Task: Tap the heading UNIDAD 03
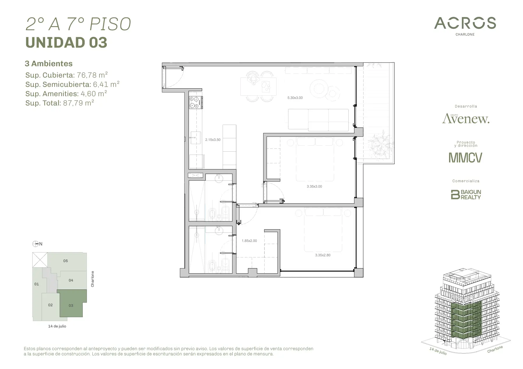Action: click(x=66, y=43)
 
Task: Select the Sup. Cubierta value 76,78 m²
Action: click(x=92, y=75)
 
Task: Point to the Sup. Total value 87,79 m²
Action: click(x=78, y=103)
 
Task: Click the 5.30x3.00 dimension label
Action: click(x=295, y=98)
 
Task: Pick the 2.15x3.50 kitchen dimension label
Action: click(x=213, y=140)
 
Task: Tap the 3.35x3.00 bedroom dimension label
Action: click(x=314, y=187)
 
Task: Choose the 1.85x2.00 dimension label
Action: click(x=249, y=241)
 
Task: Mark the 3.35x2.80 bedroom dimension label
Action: click(x=322, y=255)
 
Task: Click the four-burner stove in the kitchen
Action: click(x=195, y=103)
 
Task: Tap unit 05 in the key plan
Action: click(x=67, y=261)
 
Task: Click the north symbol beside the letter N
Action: click(x=35, y=244)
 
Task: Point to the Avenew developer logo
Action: click(x=466, y=119)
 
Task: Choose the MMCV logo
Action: click(x=465, y=157)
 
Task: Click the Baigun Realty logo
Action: click(x=466, y=194)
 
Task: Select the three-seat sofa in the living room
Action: click(x=318, y=120)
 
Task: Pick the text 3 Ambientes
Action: click(x=49, y=64)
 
